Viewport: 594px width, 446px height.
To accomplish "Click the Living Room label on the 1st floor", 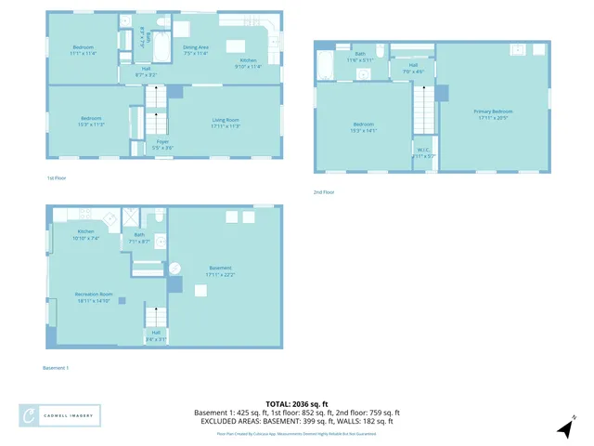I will tap(226, 122).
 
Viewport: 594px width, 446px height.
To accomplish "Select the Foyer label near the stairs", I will tap(162, 144).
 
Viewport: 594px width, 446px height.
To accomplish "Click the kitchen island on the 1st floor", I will tap(235, 46).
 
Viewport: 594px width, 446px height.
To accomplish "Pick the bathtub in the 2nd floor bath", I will tap(326, 65).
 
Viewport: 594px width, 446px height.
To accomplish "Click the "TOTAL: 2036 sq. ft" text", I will tap(297, 403).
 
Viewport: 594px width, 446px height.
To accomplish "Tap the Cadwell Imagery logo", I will tap(60, 415).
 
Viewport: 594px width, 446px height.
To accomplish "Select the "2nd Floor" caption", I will tap(323, 191).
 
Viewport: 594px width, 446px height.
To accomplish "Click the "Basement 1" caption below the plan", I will tap(56, 368).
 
